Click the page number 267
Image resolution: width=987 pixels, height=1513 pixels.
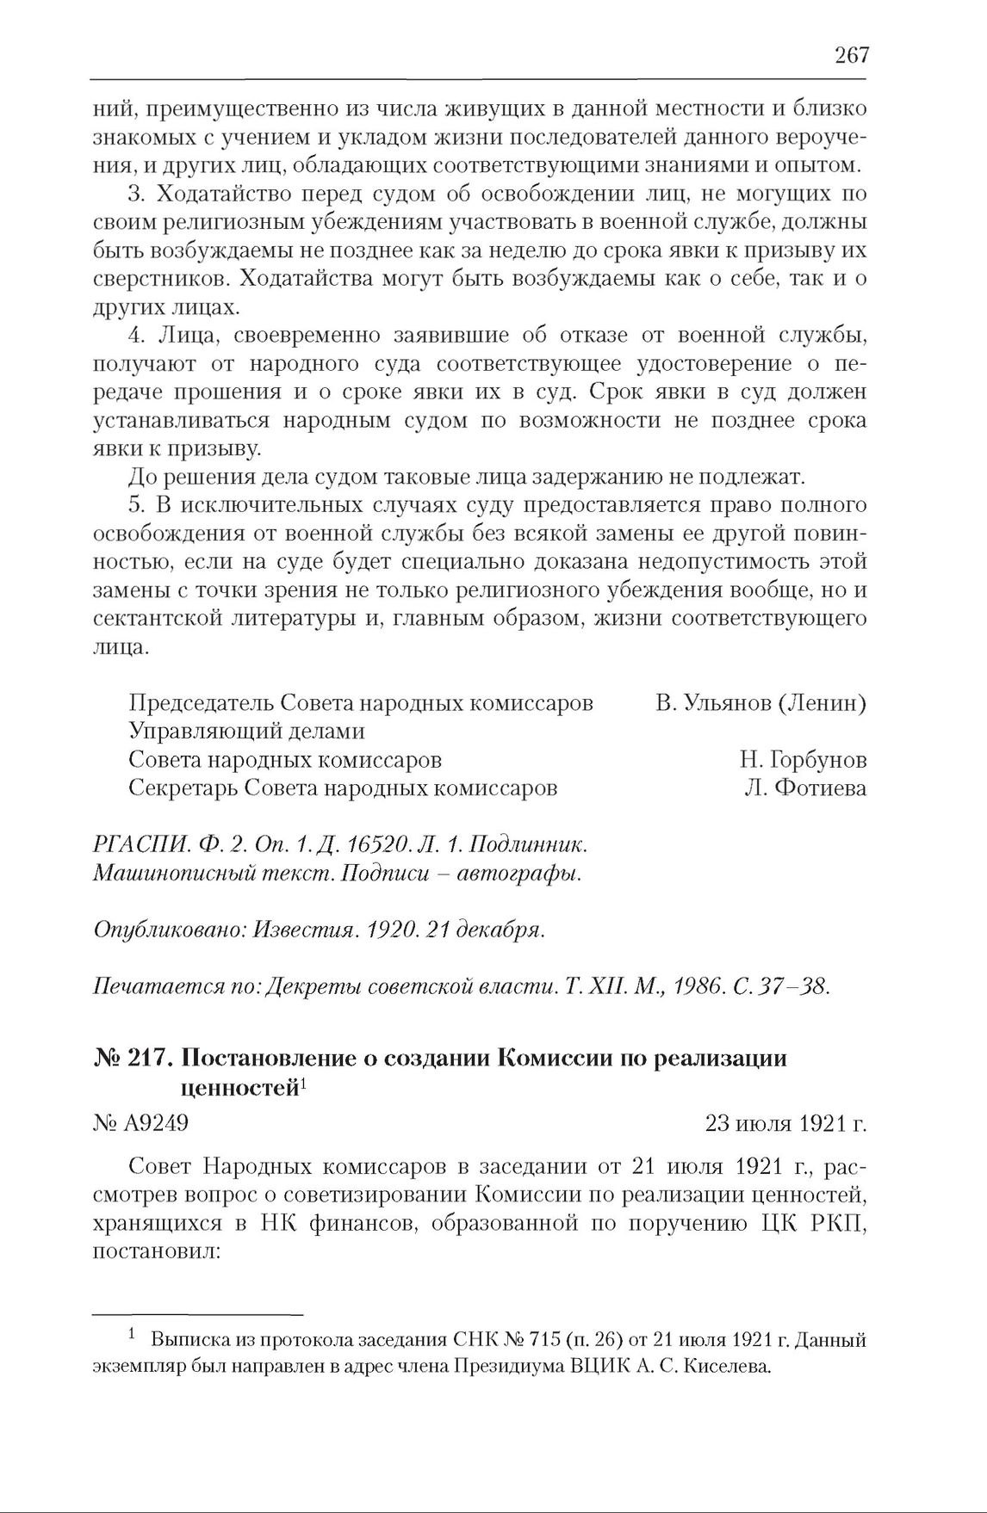pos(851,55)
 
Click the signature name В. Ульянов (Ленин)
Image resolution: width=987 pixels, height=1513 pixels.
pos(760,703)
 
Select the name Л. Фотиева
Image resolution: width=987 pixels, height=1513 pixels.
pos(805,788)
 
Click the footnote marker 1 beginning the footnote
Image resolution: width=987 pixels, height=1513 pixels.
pos(132,1336)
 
